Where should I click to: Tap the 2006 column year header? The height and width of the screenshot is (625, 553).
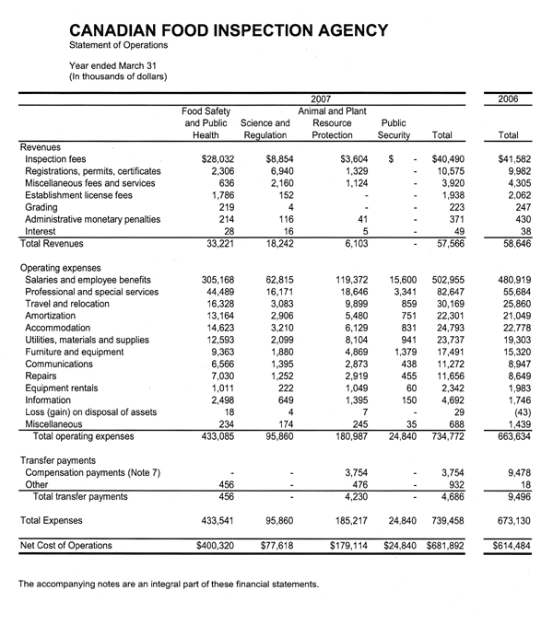point(507,98)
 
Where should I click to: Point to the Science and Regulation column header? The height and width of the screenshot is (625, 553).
point(265,129)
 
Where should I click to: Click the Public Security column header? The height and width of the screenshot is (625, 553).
point(394,129)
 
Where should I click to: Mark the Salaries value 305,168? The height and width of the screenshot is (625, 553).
point(222,279)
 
